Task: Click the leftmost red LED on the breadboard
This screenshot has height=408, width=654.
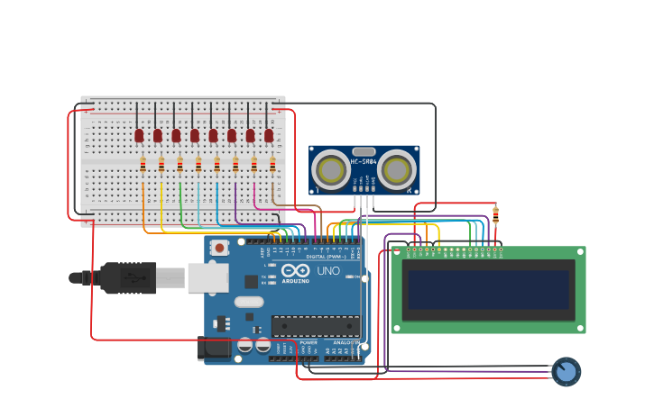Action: (x=139, y=135)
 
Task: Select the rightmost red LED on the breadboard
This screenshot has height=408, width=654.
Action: (x=269, y=135)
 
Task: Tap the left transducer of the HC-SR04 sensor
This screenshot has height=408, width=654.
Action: (x=332, y=169)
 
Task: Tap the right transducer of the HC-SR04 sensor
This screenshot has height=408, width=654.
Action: (x=396, y=169)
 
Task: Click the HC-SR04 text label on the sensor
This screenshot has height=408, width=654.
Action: (x=364, y=162)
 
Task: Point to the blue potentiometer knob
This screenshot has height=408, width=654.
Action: (x=566, y=371)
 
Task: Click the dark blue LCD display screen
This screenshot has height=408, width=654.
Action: (x=488, y=290)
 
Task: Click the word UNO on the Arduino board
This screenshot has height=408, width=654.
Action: (x=328, y=270)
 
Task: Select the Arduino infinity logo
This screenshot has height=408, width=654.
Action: (x=295, y=270)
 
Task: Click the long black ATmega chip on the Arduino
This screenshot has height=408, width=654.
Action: (x=316, y=326)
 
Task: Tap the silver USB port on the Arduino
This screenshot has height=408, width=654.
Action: (x=207, y=277)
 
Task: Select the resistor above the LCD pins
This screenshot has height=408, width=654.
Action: (x=495, y=215)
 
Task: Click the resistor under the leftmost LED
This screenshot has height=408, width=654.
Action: (x=143, y=164)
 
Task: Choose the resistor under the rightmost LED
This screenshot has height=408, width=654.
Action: (x=272, y=164)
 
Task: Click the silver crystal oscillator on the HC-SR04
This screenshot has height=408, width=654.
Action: (x=364, y=152)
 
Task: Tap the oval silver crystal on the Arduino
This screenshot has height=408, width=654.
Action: (x=250, y=302)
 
